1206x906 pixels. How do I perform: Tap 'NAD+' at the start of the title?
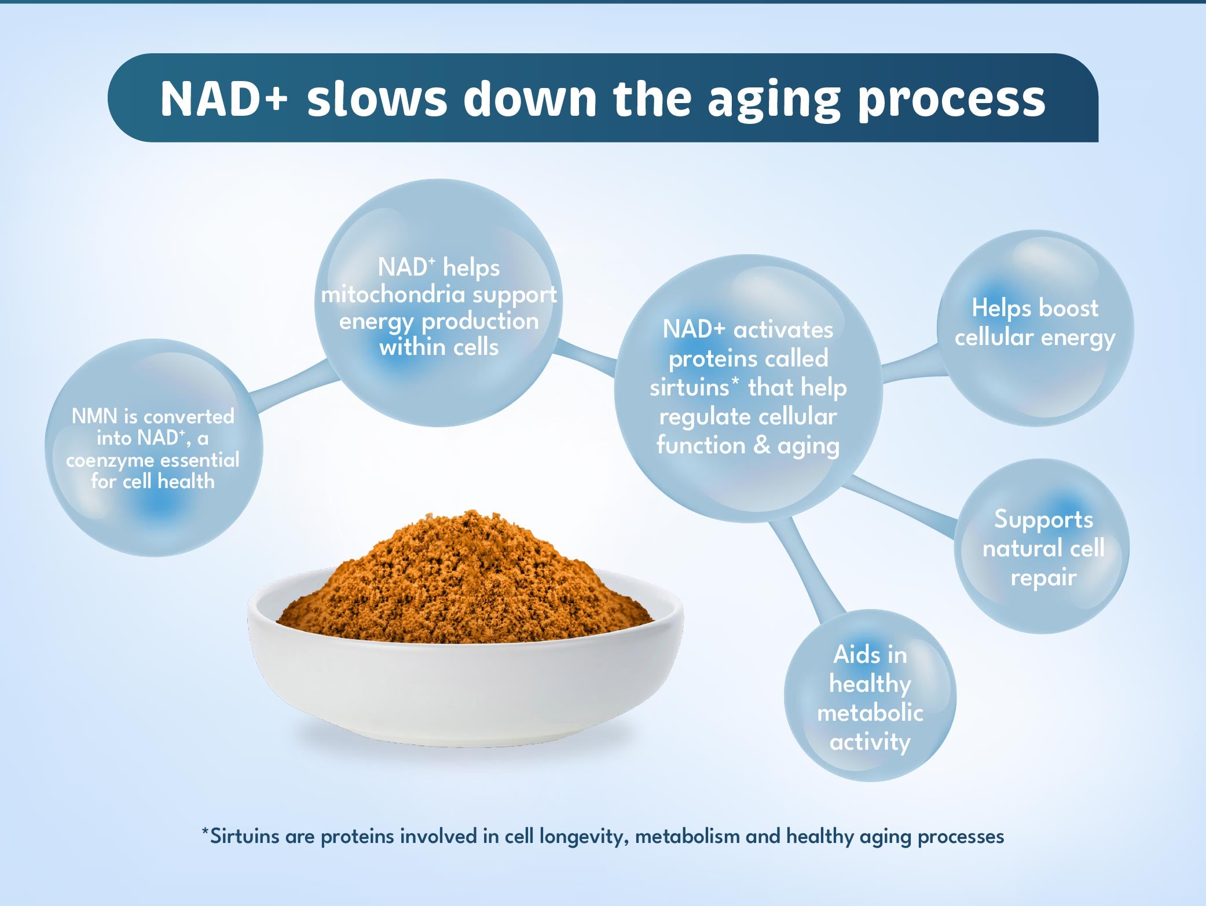[223, 99]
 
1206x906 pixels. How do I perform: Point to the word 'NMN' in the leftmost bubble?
[95, 416]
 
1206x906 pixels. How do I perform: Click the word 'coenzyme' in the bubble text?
[108, 460]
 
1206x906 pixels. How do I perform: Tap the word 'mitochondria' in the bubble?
[394, 295]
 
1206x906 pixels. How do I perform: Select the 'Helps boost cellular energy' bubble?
[1035, 328]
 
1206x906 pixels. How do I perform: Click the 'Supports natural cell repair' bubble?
[1042, 546]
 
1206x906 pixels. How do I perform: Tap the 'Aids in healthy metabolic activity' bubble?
[870, 695]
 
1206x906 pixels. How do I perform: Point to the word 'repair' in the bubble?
[1043, 578]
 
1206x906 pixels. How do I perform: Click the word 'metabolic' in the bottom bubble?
[870, 713]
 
